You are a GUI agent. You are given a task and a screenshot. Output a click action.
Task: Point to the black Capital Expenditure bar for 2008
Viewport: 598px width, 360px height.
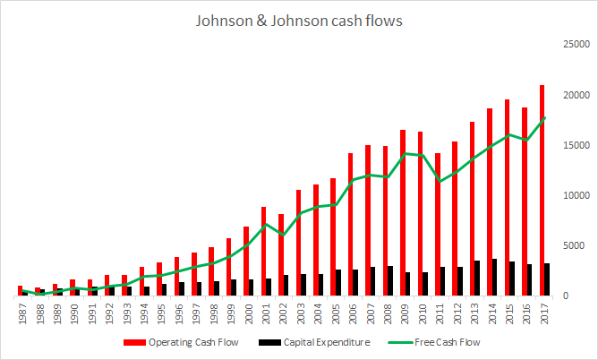click(391, 280)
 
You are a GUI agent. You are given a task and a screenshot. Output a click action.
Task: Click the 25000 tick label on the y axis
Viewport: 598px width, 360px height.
click(574, 43)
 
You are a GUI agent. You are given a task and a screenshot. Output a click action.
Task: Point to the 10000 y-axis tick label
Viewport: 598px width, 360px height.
click(574, 194)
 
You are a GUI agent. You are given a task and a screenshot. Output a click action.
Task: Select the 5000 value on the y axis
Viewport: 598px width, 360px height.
click(577, 245)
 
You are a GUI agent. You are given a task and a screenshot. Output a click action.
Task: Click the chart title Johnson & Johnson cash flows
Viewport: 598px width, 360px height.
click(299, 19)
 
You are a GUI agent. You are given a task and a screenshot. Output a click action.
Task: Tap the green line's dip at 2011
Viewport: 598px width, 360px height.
click(441, 182)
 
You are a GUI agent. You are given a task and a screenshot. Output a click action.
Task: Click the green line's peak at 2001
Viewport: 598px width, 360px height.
click(267, 223)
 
